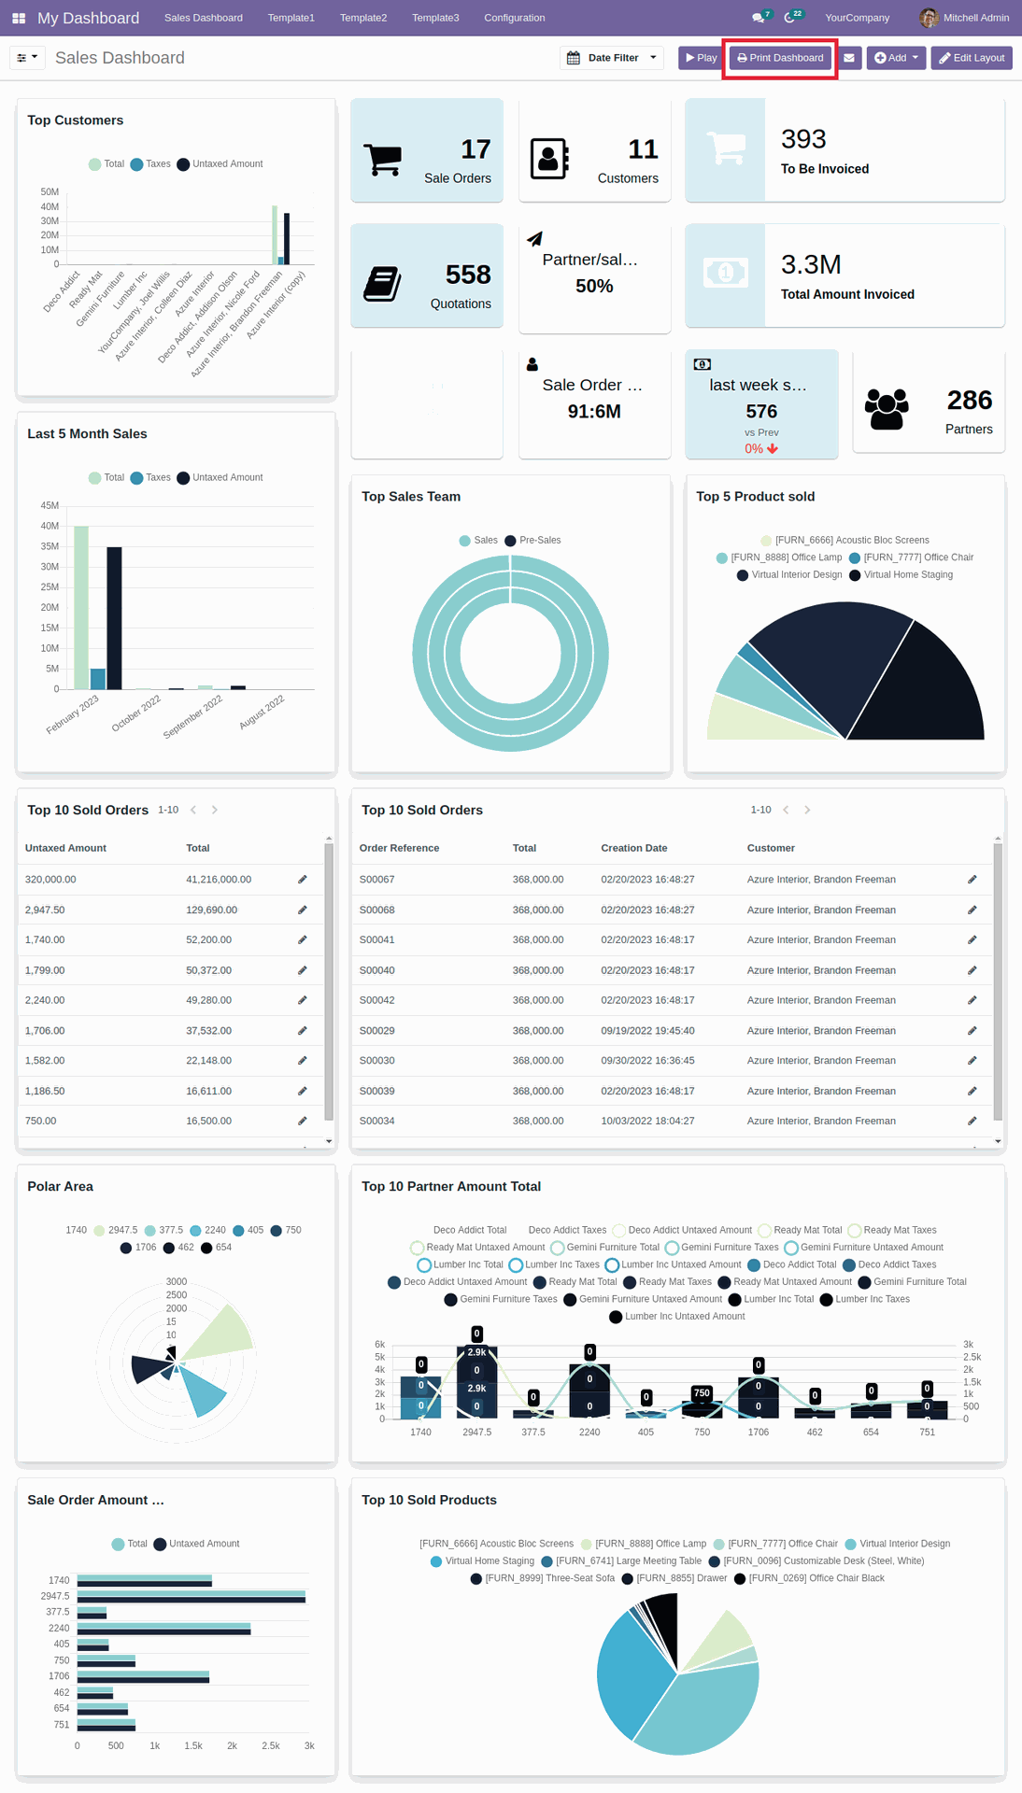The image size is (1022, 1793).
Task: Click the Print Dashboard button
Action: pyautogui.click(x=780, y=58)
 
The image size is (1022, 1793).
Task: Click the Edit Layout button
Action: pyautogui.click(x=972, y=58)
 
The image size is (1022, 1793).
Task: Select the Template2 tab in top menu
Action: pyautogui.click(x=362, y=18)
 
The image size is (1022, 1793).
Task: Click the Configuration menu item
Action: pyautogui.click(x=514, y=18)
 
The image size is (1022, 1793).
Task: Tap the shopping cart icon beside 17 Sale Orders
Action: pyautogui.click(x=383, y=160)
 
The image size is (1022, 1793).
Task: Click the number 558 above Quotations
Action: pyautogui.click(x=468, y=275)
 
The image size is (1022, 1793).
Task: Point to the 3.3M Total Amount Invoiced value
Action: pyautogui.click(x=811, y=265)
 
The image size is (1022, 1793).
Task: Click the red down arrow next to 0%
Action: pyautogui.click(x=773, y=449)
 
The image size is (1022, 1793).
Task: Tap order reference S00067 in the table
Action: pyautogui.click(x=376, y=880)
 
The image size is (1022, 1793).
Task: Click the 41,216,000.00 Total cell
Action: pyautogui.click(x=219, y=880)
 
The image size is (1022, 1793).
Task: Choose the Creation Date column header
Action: pyautogui.click(x=633, y=848)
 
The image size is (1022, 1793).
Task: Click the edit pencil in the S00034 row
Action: pyautogui.click(x=972, y=1121)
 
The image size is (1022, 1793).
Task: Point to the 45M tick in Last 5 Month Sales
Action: pyautogui.click(x=50, y=505)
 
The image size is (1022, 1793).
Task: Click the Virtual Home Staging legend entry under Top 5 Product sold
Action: pyautogui.click(x=907, y=575)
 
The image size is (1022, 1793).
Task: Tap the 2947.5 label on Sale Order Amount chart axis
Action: pyautogui.click(x=55, y=1596)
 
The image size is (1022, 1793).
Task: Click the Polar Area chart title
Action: pyautogui.click(x=60, y=1186)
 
